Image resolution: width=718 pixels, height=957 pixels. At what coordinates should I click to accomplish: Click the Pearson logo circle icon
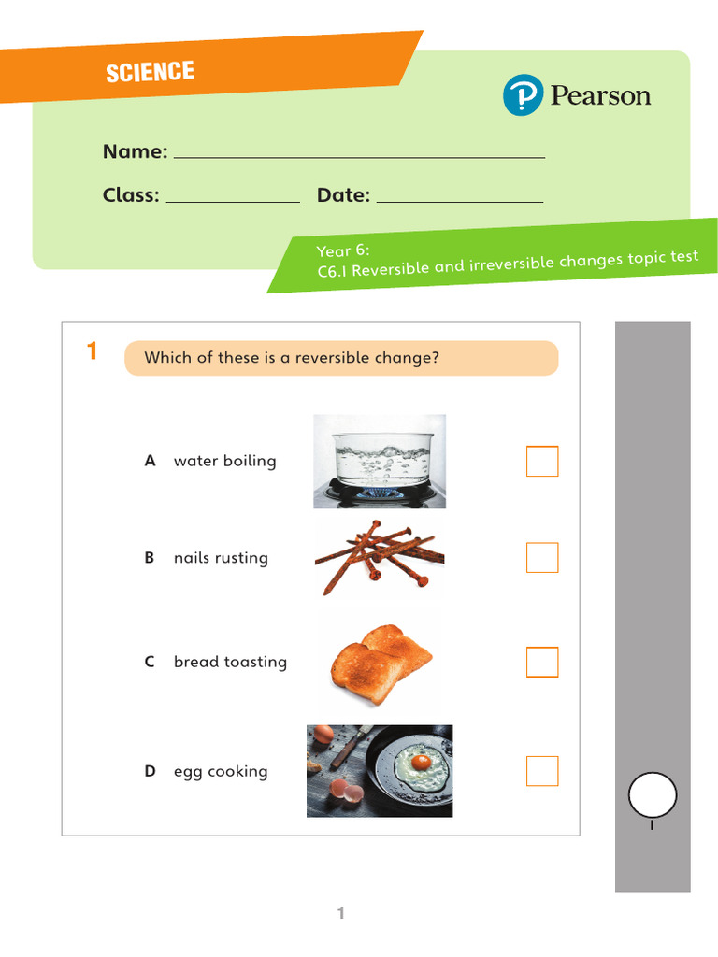point(523,94)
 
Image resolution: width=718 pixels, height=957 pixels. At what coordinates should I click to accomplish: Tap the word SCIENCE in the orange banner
point(151,72)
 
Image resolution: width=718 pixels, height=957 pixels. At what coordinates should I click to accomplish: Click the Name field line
point(360,157)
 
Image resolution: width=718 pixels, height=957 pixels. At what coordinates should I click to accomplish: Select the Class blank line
point(233,202)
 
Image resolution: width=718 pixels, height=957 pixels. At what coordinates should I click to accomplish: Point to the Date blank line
point(460,202)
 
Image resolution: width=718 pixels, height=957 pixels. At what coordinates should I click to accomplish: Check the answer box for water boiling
point(542,461)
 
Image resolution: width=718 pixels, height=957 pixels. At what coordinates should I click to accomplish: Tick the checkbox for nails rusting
point(542,557)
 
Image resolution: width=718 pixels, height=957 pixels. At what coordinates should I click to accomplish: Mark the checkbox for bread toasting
point(542,662)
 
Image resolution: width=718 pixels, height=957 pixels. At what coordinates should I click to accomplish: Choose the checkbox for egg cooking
point(542,771)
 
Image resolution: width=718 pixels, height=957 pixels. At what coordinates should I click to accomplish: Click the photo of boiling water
point(380,462)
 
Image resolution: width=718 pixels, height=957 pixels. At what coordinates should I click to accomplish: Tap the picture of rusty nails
point(380,558)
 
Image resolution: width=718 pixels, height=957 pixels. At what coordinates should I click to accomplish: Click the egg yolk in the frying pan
point(421,762)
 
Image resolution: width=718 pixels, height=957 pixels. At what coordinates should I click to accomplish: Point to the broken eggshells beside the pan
point(346,791)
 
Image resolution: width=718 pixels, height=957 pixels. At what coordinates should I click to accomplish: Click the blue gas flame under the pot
point(380,493)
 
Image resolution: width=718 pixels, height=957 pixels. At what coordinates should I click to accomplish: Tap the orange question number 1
point(92,351)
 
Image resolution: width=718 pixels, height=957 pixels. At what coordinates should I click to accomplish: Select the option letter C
point(150,662)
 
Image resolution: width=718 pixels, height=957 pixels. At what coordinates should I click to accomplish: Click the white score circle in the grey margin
point(653,794)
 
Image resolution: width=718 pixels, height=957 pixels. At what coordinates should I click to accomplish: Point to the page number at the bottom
point(340,913)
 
